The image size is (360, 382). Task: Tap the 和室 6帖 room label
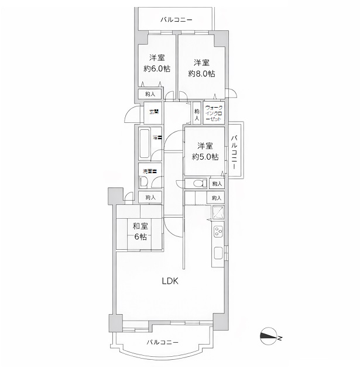[x=139, y=231]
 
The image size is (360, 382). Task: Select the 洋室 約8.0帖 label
[x=201, y=68]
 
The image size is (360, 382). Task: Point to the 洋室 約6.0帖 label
[x=156, y=63]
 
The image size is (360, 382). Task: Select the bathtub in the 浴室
[x=143, y=143]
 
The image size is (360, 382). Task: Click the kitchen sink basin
[x=218, y=253]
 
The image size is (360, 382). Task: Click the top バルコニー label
[x=177, y=19]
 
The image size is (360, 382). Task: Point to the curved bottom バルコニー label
[x=162, y=342]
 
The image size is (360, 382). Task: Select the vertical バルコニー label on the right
[x=234, y=151]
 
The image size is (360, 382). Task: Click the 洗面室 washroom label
[x=151, y=172]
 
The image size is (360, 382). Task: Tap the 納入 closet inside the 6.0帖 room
[x=150, y=94]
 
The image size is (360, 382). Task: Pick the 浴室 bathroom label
[x=157, y=137]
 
